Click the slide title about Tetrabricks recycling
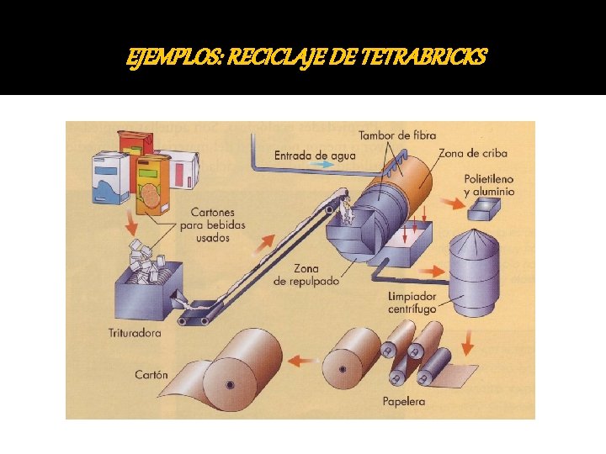(x=306, y=57)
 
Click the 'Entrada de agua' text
(x=315, y=155)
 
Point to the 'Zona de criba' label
(x=472, y=153)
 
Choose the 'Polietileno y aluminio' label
(x=489, y=186)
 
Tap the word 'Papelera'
(x=404, y=401)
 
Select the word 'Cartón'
(x=151, y=374)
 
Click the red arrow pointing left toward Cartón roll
(x=303, y=361)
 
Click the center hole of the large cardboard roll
(x=229, y=384)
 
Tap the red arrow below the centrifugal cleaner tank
(x=468, y=342)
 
